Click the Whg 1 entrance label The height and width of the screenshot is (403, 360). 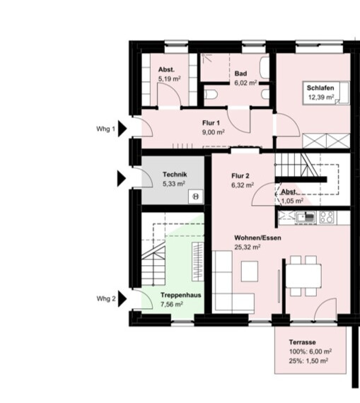coord(105,129)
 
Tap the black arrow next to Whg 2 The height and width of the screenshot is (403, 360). coord(122,298)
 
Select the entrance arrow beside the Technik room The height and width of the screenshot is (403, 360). coord(122,178)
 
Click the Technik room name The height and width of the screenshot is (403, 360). coord(175,175)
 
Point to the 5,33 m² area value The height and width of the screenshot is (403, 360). coord(174,184)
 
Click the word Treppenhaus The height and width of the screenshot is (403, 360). coord(181,295)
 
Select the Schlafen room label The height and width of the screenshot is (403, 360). coord(320,88)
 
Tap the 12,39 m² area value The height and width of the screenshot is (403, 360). coord(321,97)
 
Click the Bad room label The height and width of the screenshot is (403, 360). coord(240,74)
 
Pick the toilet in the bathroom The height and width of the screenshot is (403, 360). coord(211,94)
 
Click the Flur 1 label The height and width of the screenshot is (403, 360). coord(211,123)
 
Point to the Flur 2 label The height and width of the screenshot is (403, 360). coord(240,176)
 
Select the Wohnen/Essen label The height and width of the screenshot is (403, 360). coord(257,238)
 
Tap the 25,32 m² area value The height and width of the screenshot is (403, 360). coord(248,247)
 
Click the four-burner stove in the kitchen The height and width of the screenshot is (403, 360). coord(327,216)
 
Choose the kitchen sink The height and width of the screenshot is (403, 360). coord(306,217)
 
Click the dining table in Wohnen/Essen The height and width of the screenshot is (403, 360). coord(303,276)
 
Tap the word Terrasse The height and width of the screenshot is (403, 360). coord(303,342)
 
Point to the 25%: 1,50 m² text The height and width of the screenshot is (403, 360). coord(308,361)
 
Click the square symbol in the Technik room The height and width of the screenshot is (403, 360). coord(196,197)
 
